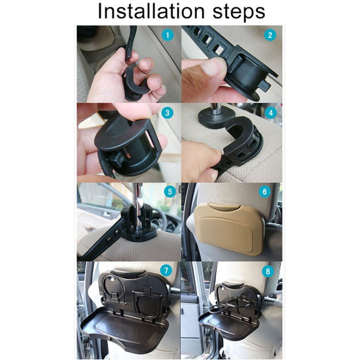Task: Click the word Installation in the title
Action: point(151,11)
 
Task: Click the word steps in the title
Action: point(239,12)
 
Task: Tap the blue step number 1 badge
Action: point(167,35)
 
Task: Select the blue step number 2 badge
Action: point(270,35)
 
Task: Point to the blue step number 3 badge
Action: point(167,112)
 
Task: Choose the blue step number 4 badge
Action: point(271,112)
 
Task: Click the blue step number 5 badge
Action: point(170,191)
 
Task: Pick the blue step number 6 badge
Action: point(264,191)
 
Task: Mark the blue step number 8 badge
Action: point(267,271)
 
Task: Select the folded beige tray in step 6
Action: point(229,229)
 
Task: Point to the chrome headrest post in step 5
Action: point(138,207)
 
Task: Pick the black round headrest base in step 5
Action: point(139,234)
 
